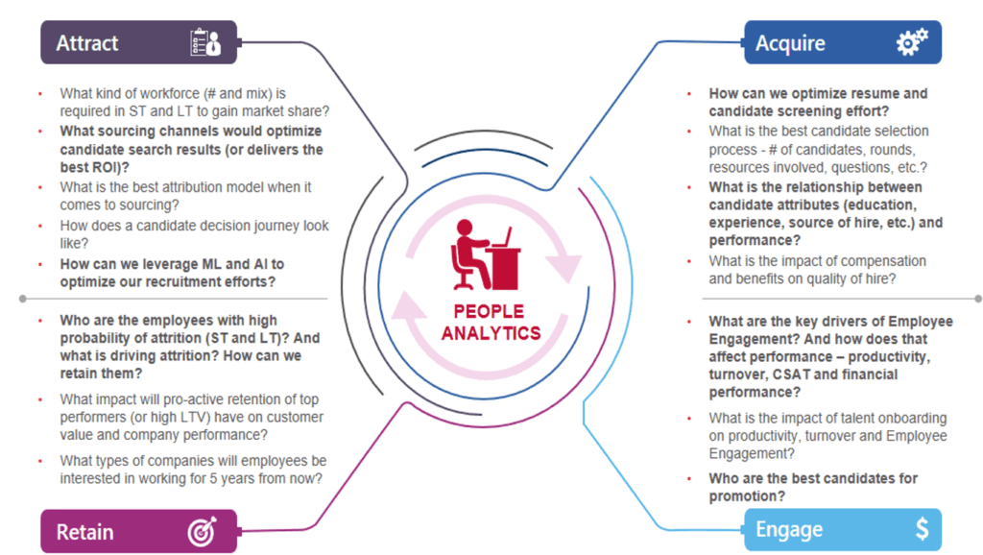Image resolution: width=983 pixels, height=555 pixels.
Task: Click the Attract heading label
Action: point(87,43)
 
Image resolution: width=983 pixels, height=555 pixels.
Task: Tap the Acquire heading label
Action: point(790,43)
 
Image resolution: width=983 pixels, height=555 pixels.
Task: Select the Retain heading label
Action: point(84,532)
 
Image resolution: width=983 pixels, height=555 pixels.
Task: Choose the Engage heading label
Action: point(789,530)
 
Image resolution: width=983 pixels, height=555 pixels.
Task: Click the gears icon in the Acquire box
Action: point(912,41)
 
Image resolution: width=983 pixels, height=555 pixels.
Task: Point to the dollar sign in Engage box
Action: point(922,529)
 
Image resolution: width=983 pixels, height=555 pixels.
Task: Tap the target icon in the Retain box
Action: point(202,531)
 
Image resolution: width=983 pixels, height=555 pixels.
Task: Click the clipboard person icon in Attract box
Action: point(205,42)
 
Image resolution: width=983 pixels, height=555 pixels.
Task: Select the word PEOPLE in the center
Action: point(489,312)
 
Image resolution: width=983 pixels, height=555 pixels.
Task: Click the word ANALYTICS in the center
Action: point(491,333)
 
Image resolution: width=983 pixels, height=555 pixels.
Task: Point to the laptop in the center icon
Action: point(504,237)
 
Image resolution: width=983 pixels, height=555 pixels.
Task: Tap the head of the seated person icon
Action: point(465,227)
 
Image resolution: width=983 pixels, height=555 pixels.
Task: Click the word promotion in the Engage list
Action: point(744,496)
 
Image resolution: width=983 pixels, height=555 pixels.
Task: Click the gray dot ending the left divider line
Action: point(23,300)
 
